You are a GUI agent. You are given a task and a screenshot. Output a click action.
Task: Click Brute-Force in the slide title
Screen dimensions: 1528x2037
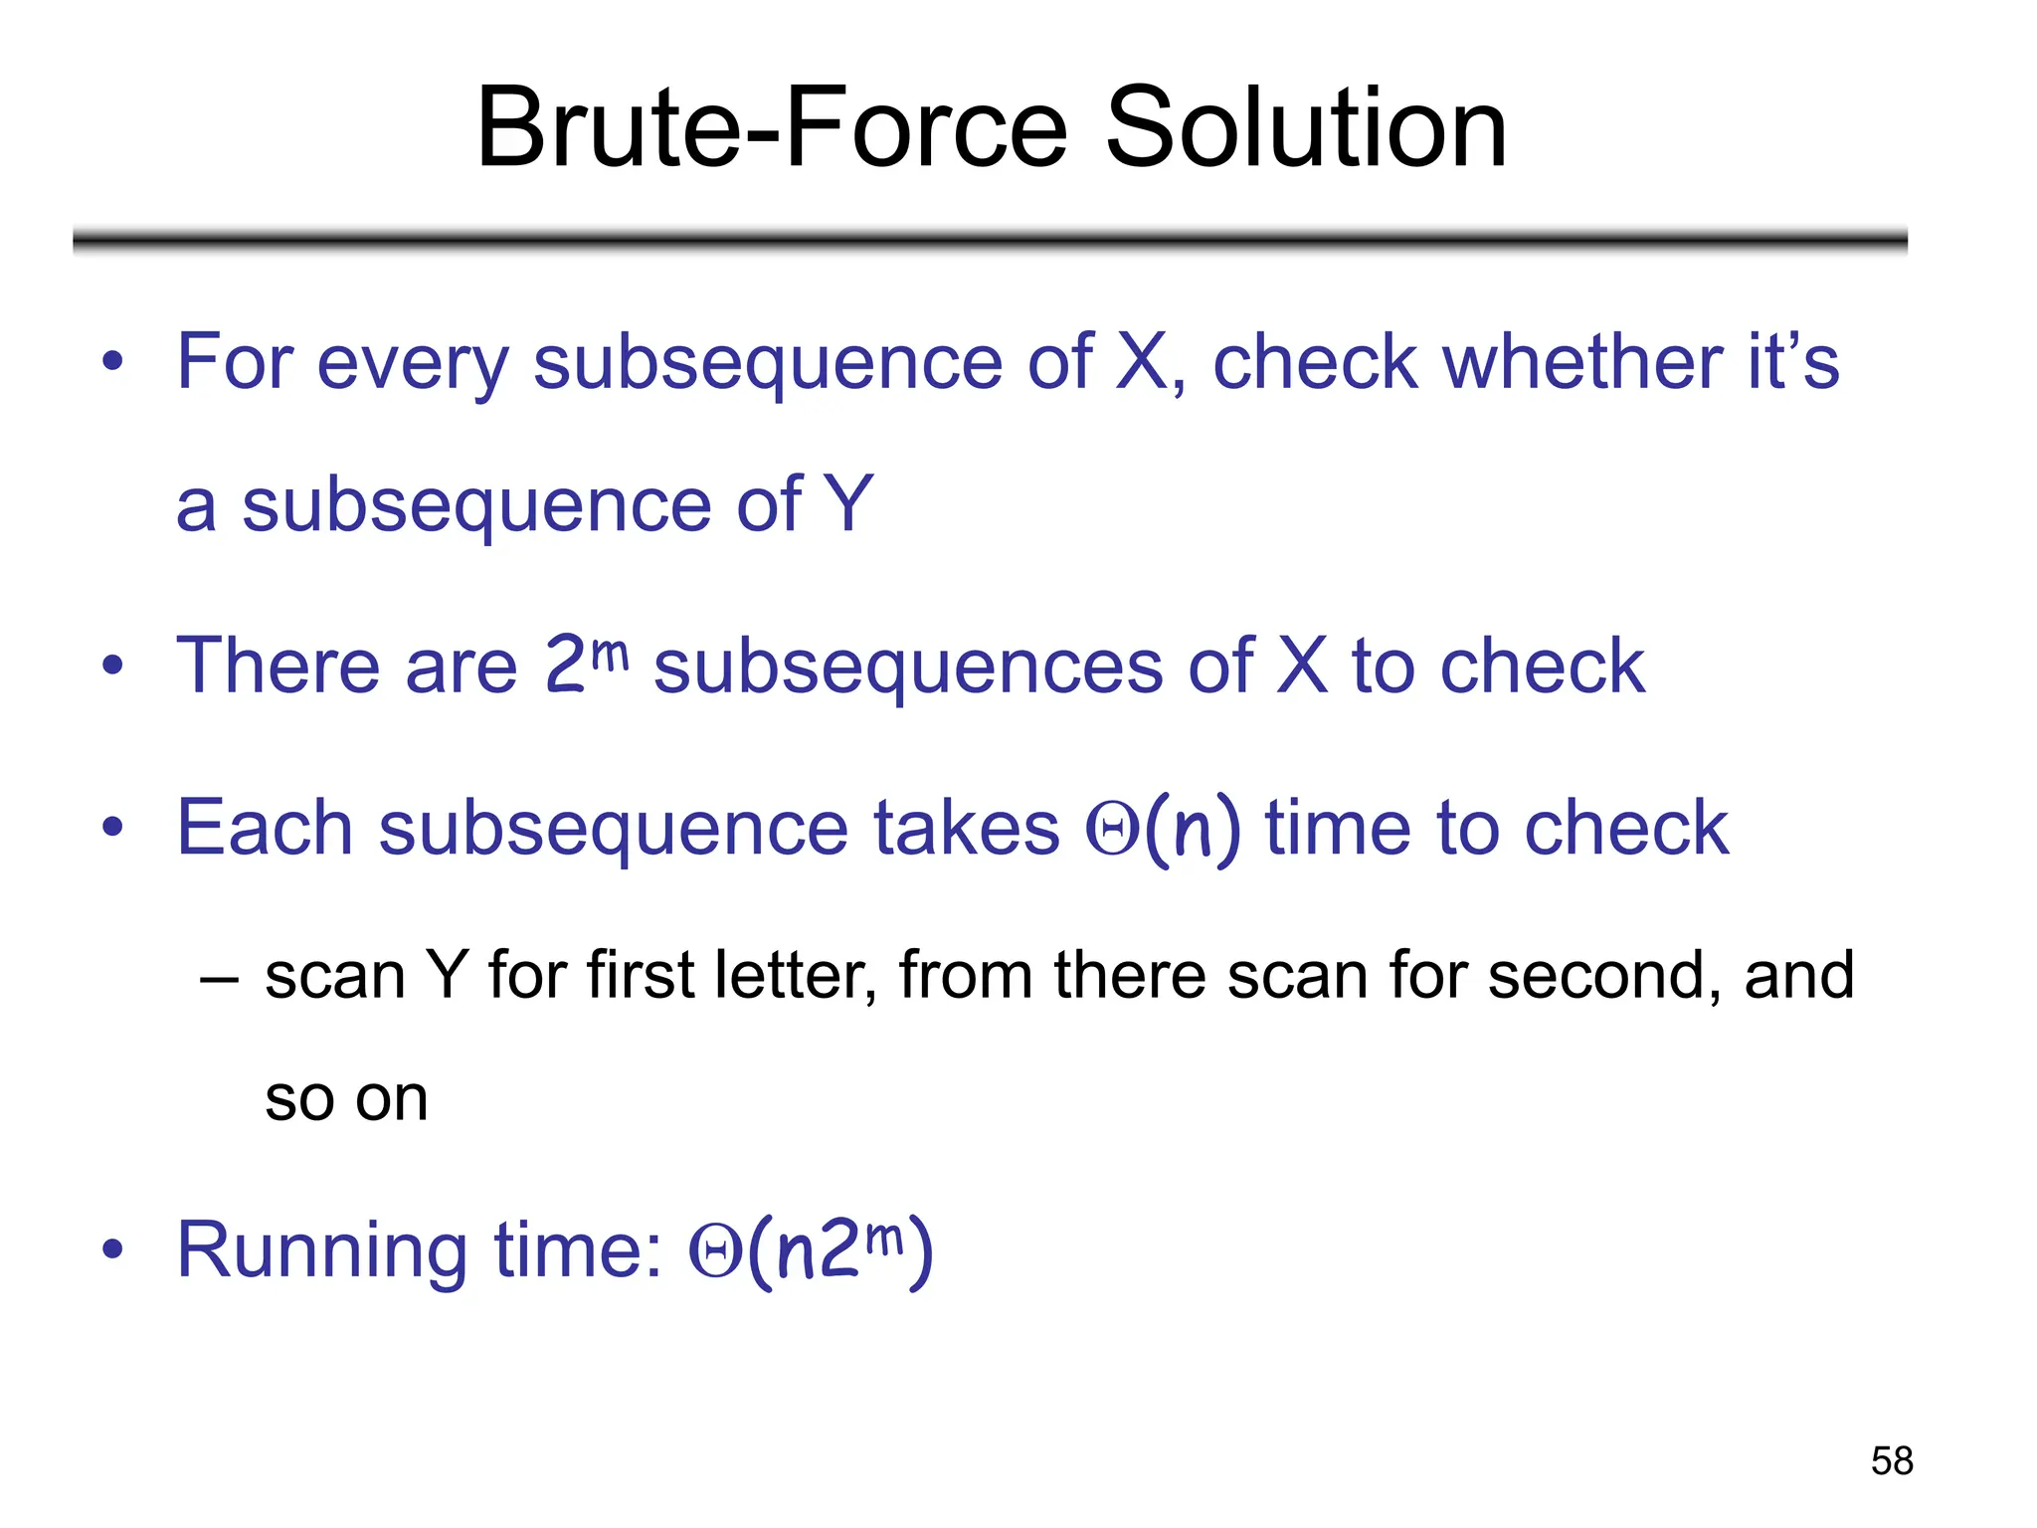pos(772,128)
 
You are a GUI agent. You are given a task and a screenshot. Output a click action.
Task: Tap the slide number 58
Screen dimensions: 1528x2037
pos(1891,1460)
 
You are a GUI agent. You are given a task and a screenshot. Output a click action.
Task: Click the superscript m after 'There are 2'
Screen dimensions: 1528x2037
pos(610,654)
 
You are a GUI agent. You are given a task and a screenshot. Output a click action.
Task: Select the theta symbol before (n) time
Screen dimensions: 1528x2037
pos(1111,829)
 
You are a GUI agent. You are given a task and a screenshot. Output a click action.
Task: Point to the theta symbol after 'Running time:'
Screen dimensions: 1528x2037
pos(714,1253)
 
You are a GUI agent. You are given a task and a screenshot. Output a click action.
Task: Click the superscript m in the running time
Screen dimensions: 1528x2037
pos(884,1239)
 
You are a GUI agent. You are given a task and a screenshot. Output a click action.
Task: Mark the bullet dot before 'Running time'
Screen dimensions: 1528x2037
pos(112,1249)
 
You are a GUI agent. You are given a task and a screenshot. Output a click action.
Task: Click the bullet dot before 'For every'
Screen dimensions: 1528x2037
pos(112,362)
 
